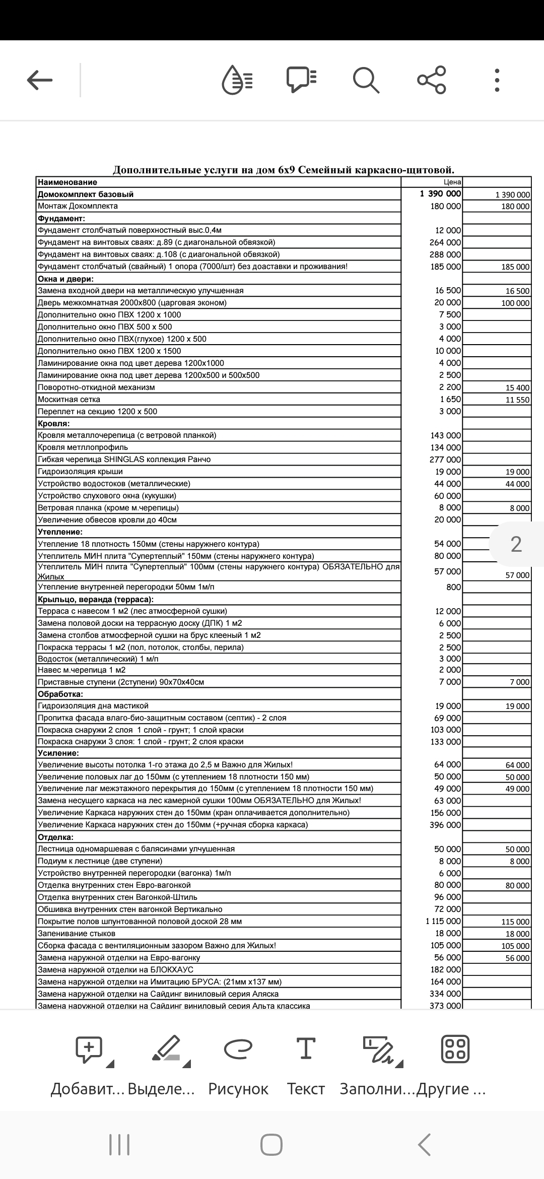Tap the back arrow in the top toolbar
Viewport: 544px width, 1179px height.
pos(40,80)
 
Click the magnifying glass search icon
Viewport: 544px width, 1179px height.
pos(365,80)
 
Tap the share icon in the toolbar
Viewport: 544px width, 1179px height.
pos(432,80)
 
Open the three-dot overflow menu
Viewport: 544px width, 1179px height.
pos(497,80)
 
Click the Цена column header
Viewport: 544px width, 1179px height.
pos(452,182)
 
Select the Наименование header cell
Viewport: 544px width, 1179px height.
pos(67,182)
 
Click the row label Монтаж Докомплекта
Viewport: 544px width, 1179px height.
pos(78,206)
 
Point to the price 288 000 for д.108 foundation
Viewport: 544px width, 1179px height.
pos(445,254)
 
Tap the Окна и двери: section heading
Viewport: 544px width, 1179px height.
pos(66,279)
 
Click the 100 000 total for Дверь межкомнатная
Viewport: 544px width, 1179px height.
pos(515,303)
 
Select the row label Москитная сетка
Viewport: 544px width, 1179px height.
pos(69,400)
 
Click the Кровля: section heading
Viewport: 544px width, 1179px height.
pos(54,424)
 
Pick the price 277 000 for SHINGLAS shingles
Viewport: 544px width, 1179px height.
pos(445,460)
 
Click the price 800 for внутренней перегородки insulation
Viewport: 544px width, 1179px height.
pos(453,587)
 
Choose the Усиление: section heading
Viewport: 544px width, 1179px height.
pos(58,753)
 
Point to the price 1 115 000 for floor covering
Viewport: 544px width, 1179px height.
pos(443,921)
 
